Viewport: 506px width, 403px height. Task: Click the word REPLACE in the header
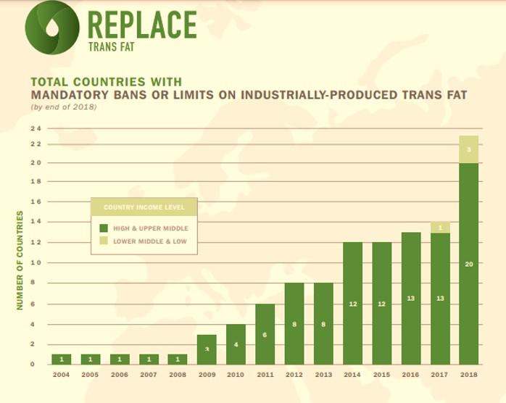[141, 25]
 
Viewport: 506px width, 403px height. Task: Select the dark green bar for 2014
[352, 303]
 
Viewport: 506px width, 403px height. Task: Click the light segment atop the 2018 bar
[468, 149]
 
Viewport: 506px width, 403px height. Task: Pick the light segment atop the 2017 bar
[440, 228]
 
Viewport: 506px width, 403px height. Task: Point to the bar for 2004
[61, 359]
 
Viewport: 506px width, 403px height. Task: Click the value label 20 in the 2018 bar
[468, 264]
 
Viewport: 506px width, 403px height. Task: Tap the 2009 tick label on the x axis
[207, 375]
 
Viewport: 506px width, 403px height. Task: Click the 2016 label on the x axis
[410, 375]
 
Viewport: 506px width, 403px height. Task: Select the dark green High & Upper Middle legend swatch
[103, 228]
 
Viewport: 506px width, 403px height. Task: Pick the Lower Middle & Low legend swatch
[103, 241]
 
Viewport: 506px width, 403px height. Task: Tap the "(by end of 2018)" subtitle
[63, 107]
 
